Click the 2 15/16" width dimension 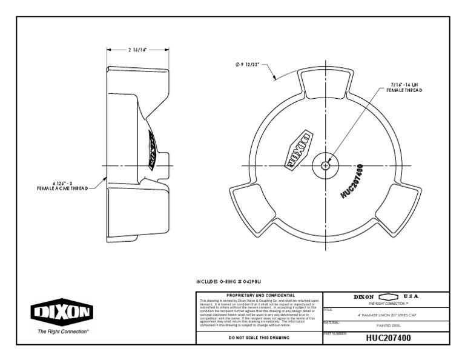click(x=138, y=50)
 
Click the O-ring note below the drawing click(x=228, y=282)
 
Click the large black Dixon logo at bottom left click(x=63, y=314)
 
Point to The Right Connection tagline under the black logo click(x=63, y=332)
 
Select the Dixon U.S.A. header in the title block click(x=386, y=296)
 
